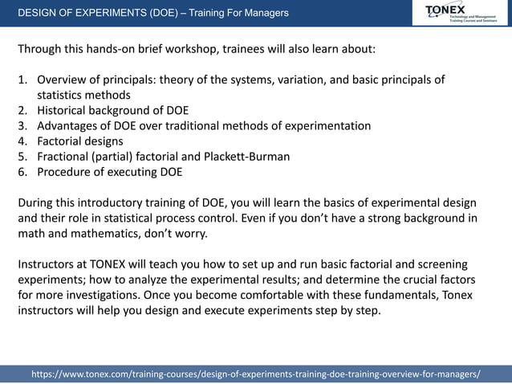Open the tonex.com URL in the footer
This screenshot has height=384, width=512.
[x=255, y=374]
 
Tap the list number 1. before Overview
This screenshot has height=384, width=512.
[x=23, y=80]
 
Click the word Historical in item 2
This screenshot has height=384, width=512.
[x=66, y=110]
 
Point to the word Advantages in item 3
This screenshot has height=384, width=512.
[x=71, y=125]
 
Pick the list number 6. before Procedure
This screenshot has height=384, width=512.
[x=23, y=171]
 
